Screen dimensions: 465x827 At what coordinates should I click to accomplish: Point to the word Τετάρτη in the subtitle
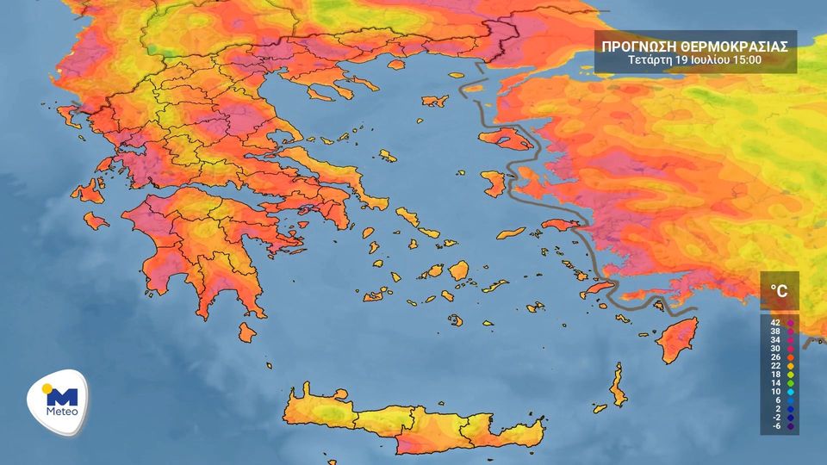pos(651,60)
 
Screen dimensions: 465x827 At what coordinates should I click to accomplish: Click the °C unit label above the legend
pos(779,291)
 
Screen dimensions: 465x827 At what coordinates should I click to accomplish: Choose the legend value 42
pos(775,323)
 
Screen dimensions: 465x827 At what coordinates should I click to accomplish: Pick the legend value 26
pos(775,357)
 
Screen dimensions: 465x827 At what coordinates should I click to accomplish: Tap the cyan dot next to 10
pos(790,392)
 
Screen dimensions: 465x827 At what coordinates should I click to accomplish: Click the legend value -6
pos(775,426)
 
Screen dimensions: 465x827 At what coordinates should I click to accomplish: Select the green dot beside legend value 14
pos(790,383)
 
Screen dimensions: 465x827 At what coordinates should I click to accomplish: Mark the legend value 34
pos(775,340)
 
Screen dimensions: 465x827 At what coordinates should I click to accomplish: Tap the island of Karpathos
pos(618,386)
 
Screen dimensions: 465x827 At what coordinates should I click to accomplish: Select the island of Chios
pos(494,183)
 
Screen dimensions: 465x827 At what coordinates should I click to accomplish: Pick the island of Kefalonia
pos(87,191)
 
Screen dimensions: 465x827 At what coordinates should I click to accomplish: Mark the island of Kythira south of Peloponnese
pos(247,332)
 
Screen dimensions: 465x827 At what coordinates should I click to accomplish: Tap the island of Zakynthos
pos(96,221)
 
